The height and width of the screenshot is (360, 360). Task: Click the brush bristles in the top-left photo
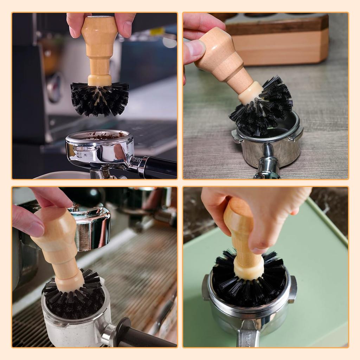[99, 100]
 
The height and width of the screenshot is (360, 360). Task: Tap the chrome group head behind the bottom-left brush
[91, 229]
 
